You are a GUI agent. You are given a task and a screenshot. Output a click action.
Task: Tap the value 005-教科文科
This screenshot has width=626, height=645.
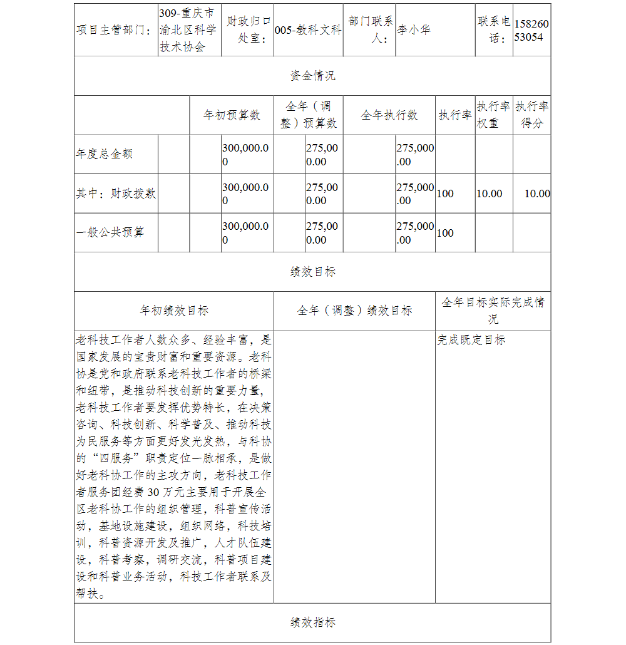pos(308,30)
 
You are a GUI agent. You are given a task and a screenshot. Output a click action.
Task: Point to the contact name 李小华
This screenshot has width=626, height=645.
pos(414,30)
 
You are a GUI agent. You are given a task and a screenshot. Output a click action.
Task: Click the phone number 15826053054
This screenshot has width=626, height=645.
pos(531,30)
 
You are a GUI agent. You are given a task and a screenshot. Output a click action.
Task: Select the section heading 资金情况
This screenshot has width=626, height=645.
pos(312,76)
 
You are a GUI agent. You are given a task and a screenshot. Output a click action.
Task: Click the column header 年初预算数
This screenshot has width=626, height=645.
pos(232,115)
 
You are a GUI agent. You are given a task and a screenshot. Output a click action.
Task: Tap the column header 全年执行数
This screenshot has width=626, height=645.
pos(389,115)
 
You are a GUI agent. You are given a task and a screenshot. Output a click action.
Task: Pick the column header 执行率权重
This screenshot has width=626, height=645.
pos(493,115)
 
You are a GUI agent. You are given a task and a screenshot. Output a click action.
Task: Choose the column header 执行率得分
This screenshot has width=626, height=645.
pos(532,115)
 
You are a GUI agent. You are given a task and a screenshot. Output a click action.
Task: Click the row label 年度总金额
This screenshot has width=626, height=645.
pos(105,154)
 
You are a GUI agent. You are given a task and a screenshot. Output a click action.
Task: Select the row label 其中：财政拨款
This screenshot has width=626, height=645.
pos(116,194)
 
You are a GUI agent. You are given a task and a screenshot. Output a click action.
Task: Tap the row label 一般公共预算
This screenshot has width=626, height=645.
pos(110,232)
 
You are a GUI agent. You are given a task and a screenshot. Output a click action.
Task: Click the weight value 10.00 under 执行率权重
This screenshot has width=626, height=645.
pos(489,194)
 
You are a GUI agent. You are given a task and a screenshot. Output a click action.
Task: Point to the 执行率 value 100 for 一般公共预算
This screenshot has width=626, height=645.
pos(445,233)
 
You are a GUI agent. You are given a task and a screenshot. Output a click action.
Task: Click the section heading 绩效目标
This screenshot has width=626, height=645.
pos(312,272)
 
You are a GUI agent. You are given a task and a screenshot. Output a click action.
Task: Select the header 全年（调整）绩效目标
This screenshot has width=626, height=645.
pos(354,311)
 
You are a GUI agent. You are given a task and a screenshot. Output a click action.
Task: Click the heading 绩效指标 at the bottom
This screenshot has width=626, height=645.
pos(312,622)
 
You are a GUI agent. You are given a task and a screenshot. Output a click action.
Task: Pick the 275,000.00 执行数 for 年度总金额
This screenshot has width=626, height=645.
pos(415,155)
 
